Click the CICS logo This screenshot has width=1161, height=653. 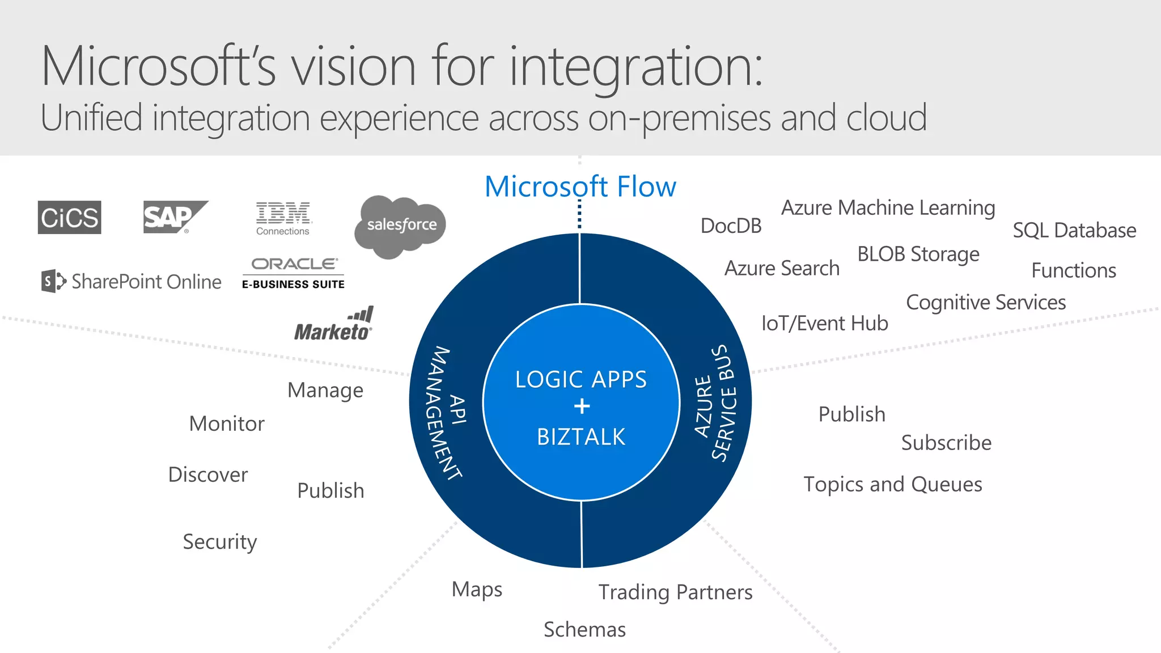coord(69,217)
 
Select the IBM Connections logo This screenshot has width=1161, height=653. coord(283,218)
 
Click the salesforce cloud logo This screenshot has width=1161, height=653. coord(401,226)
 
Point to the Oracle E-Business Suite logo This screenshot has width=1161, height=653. coord(293,273)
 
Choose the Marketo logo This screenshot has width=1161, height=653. coord(334,325)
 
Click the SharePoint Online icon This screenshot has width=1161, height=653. coord(53,281)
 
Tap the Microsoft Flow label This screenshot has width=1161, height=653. coord(580,186)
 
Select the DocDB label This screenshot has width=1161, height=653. coord(731,226)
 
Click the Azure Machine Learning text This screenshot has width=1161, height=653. coord(888,208)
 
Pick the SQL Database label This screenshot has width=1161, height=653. coord(1074,231)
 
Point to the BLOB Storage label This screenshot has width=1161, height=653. coord(918,255)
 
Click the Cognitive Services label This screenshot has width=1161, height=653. coord(986,303)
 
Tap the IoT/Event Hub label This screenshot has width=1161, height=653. coord(824,323)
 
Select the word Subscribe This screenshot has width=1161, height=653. coord(946,443)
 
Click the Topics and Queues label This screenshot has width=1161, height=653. coord(893,485)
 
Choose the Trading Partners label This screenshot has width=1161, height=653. coord(675,592)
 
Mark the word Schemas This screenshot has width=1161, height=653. coord(584,630)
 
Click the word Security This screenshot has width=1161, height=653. coord(220,542)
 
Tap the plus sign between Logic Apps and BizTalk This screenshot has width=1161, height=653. coord(582,406)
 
